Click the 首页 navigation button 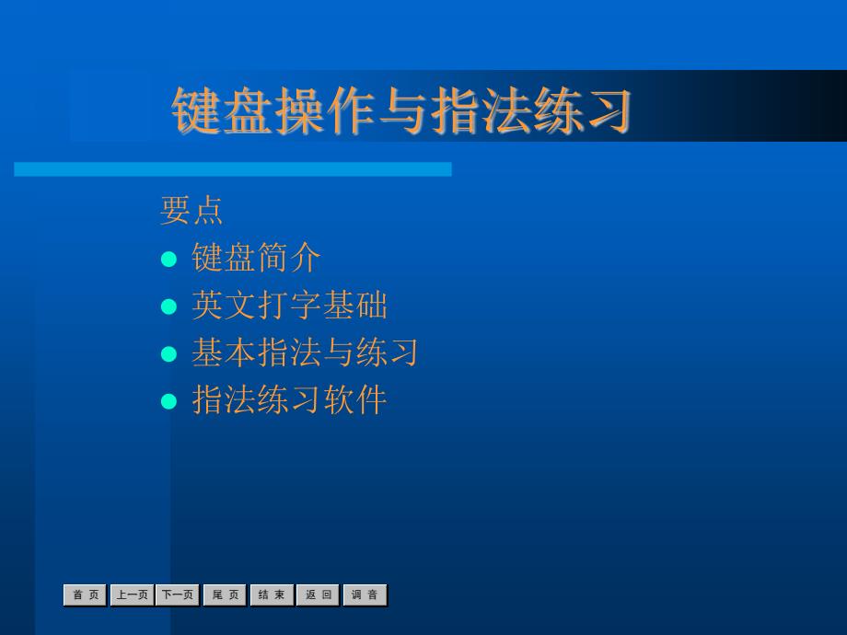click(x=86, y=595)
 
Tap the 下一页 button click(x=178, y=595)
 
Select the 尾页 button click(x=225, y=595)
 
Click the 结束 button click(x=272, y=595)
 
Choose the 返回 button click(x=319, y=595)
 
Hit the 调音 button click(x=365, y=595)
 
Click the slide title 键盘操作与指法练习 click(x=401, y=110)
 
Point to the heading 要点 click(x=191, y=210)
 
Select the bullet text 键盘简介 click(x=256, y=258)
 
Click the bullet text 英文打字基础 click(x=289, y=306)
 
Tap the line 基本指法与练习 click(x=306, y=352)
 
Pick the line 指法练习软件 click(x=289, y=400)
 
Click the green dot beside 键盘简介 click(x=169, y=260)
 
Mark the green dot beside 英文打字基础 click(x=169, y=306)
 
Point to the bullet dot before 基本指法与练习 click(x=169, y=354)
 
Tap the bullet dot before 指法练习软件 click(x=169, y=402)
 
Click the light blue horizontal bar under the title click(x=233, y=169)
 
